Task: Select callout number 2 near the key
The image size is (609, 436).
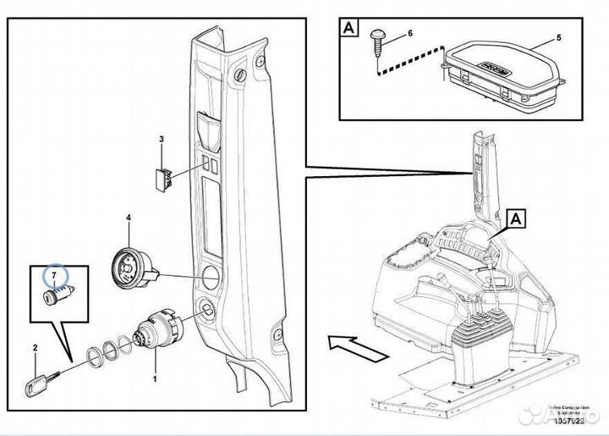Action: tap(36, 348)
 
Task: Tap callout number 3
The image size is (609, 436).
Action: tap(162, 138)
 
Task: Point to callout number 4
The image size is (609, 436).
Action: tap(129, 218)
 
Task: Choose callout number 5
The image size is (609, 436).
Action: tap(558, 39)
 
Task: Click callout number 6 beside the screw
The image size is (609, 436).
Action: tap(410, 33)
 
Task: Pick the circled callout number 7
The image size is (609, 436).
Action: tap(56, 276)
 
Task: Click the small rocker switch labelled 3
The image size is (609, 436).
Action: tap(162, 178)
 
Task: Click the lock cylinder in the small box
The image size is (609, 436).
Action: tap(57, 296)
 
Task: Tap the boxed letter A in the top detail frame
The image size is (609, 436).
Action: tap(348, 27)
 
